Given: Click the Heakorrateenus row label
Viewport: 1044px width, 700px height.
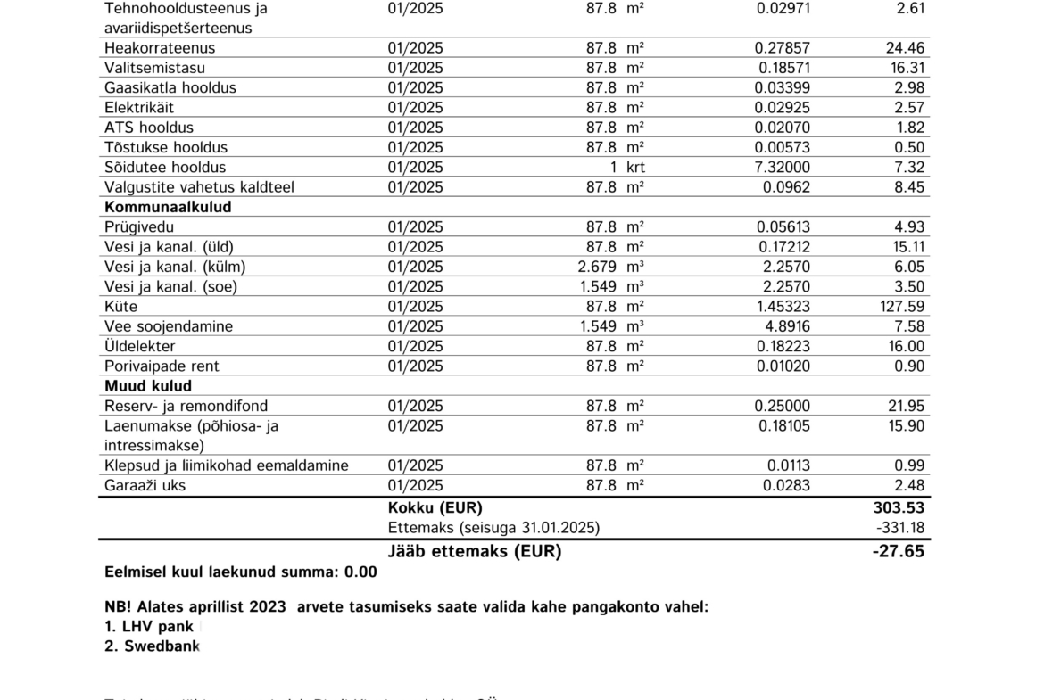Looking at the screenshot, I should click(x=160, y=48).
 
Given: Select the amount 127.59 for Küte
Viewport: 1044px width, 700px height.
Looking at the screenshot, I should click(x=902, y=307).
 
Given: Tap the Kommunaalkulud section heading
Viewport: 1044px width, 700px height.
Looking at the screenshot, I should click(x=168, y=207).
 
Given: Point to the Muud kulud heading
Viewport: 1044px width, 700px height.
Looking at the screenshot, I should click(x=148, y=386).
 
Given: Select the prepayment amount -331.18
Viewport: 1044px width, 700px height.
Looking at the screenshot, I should click(x=900, y=528).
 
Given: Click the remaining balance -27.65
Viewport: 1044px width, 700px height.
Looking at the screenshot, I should click(x=898, y=551).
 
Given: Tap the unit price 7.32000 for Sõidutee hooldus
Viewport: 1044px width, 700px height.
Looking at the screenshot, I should click(x=783, y=168).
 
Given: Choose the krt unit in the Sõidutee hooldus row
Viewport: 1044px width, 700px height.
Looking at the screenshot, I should click(x=635, y=168).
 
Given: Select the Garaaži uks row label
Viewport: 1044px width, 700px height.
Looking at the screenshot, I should click(x=145, y=486).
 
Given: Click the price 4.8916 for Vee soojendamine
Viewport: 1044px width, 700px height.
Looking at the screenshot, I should click(x=784, y=326).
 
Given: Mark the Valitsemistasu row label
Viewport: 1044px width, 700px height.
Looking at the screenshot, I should click(x=154, y=68).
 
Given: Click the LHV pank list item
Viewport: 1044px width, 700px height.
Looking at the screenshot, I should click(x=149, y=626).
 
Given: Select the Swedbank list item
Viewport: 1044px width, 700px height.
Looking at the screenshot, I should click(x=152, y=646).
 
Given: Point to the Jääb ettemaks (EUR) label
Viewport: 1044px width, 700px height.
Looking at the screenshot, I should click(x=475, y=551).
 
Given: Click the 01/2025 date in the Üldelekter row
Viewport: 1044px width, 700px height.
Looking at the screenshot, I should click(x=415, y=346).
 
